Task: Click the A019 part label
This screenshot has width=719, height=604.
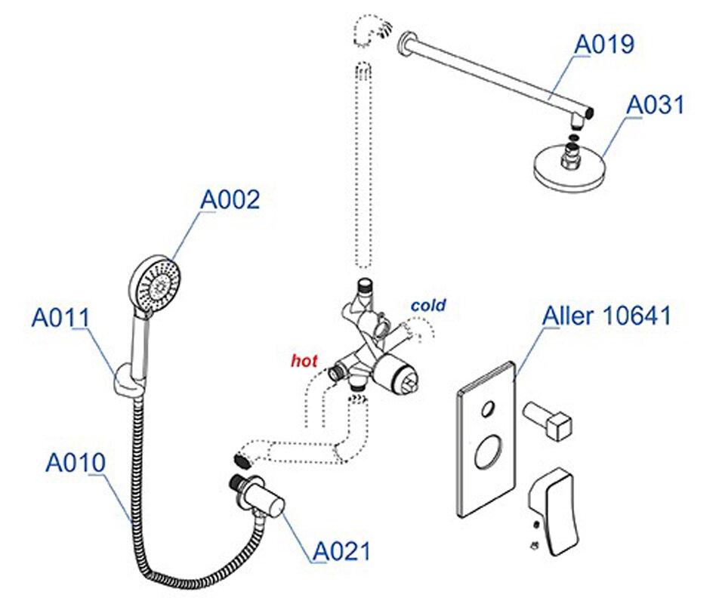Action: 604,44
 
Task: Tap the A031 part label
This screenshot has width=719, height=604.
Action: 655,104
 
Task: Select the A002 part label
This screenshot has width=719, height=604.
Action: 230,199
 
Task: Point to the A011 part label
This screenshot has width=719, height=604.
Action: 60,317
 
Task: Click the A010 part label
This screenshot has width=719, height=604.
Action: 76,462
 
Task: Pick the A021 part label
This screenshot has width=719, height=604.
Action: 342,551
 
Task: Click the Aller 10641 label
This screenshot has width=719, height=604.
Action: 607,316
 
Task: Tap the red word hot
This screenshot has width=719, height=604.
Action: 304,361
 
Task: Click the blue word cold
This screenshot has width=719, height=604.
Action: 428,306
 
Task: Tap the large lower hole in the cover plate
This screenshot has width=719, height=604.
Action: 487,455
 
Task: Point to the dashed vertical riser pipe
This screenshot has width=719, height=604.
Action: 363,166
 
